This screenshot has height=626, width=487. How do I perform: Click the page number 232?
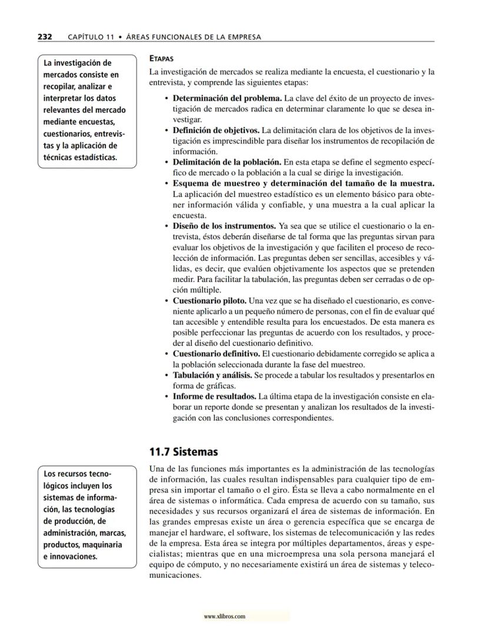45,36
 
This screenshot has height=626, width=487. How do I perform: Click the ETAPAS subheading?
162,59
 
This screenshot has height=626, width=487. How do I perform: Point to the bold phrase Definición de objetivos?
216,129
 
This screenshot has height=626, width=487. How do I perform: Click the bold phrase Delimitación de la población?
226,161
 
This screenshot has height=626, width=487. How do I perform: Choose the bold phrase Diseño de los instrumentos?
224,226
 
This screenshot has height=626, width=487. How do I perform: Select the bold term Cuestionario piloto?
209,300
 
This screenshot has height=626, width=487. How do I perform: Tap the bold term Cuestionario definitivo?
216,354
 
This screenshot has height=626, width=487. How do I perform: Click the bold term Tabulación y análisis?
212,375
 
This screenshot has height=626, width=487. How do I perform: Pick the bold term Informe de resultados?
214,397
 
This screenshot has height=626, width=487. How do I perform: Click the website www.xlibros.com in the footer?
224,617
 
